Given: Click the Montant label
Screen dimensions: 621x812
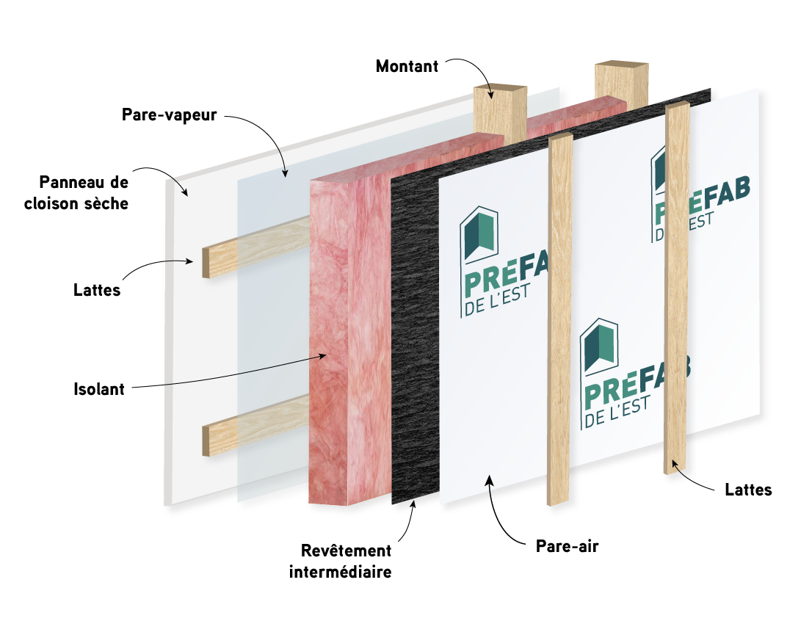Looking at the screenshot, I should point(407,66).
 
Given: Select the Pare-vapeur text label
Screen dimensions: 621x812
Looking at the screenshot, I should point(169,116).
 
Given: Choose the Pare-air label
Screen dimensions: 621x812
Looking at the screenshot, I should point(568,546).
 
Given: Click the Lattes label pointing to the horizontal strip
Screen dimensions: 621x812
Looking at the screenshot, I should point(97,291).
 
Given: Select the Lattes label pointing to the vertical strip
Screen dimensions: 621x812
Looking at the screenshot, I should point(748,490).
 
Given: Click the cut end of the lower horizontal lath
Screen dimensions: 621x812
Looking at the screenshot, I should point(208,440).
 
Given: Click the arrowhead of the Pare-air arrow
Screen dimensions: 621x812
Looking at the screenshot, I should point(488,480).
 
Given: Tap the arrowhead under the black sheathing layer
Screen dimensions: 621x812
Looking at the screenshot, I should point(414,504).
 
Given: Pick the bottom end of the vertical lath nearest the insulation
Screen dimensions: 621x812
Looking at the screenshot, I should point(559,501).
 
